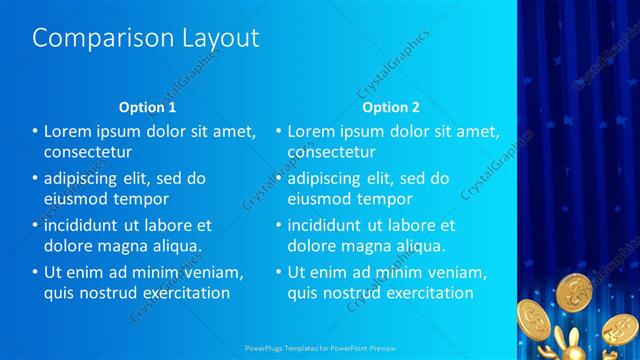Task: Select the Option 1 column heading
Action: click(x=147, y=107)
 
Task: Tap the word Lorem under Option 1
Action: click(x=69, y=131)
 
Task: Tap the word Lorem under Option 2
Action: click(x=313, y=131)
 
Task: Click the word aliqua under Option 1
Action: click(x=174, y=245)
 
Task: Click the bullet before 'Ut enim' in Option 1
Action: click(x=35, y=272)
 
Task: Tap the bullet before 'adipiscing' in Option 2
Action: click(x=279, y=178)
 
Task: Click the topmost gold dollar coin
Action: click(x=577, y=291)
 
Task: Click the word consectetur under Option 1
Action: click(x=88, y=152)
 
